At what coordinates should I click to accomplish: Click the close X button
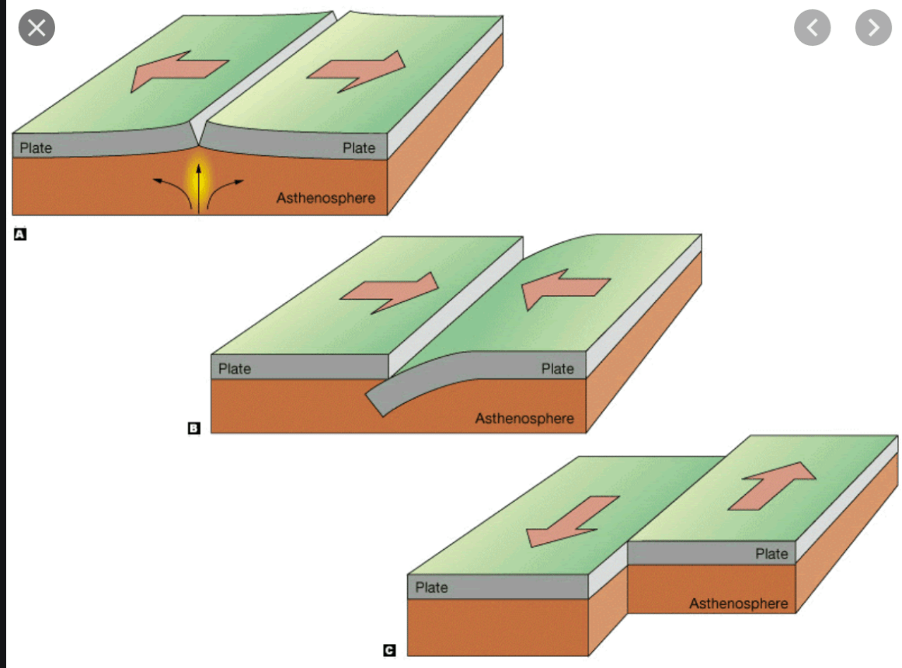point(37,28)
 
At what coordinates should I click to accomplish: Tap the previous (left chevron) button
point(812,27)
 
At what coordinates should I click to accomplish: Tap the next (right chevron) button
point(873,27)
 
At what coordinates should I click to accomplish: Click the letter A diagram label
point(20,234)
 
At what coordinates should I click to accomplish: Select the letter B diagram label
point(194,428)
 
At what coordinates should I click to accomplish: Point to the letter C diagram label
point(389,650)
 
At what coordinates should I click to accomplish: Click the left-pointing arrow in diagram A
point(179,70)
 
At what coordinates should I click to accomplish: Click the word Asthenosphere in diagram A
point(326,198)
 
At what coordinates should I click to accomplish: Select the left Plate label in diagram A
point(36,148)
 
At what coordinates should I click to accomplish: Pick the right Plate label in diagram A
point(359,148)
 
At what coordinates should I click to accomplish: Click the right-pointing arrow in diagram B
point(390,293)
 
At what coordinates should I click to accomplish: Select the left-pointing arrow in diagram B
point(565,288)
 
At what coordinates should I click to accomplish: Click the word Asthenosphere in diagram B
point(524,419)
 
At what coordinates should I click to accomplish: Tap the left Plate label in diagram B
point(235,368)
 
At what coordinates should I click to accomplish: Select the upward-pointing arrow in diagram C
point(772,485)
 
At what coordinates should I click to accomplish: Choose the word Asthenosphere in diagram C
point(739,604)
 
